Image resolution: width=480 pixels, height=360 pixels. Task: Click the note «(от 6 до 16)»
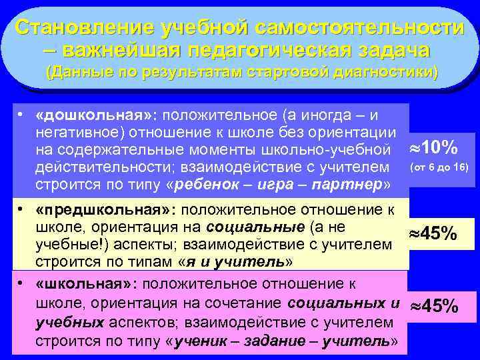pos(440,165)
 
